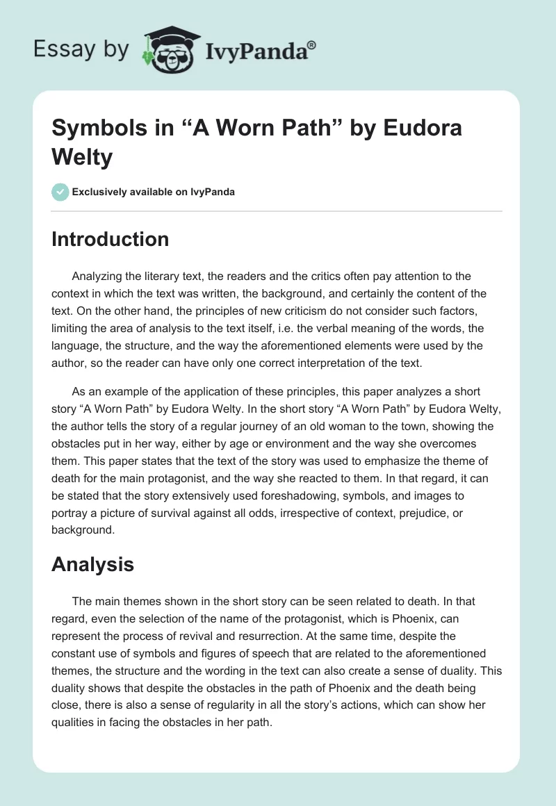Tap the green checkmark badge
[61, 192]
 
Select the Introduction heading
[110, 239]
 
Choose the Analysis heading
[92, 564]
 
